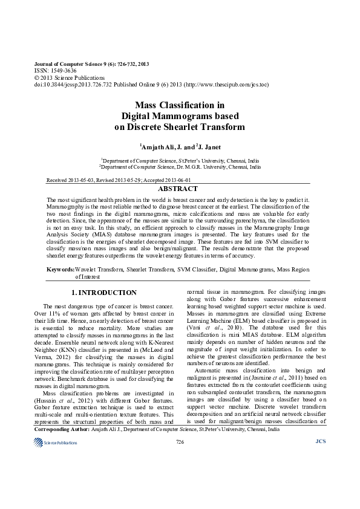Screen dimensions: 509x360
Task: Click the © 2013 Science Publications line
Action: point(70,78)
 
